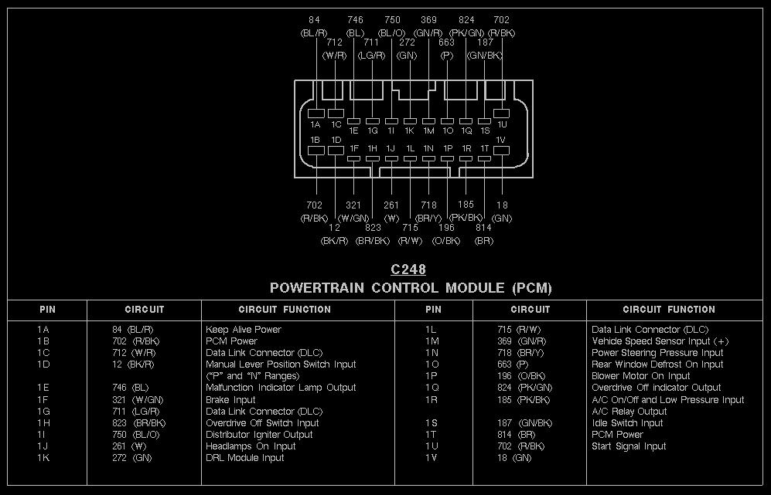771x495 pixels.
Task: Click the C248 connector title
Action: click(408, 270)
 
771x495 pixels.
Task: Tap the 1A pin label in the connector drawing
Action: click(316, 125)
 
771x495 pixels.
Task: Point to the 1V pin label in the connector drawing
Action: click(500, 140)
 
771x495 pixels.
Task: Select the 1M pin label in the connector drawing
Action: click(428, 131)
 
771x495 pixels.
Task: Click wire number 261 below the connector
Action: click(391, 205)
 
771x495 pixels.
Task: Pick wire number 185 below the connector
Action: click(466, 205)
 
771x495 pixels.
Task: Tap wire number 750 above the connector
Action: click(392, 20)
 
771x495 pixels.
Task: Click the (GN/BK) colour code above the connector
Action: click(485, 56)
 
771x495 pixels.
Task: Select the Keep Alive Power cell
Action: click(244, 330)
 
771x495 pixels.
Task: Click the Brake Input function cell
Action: click(230, 400)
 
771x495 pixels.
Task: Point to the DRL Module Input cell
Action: click(244, 458)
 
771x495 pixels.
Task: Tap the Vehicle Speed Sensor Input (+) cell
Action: click(660, 341)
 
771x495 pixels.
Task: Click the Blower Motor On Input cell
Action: click(641, 376)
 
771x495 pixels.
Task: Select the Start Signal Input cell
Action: click(629, 446)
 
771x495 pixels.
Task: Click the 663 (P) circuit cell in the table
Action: click(513, 364)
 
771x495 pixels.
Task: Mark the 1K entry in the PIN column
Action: click(43, 458)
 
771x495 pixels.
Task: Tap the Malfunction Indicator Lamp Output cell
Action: click(281, 388)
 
